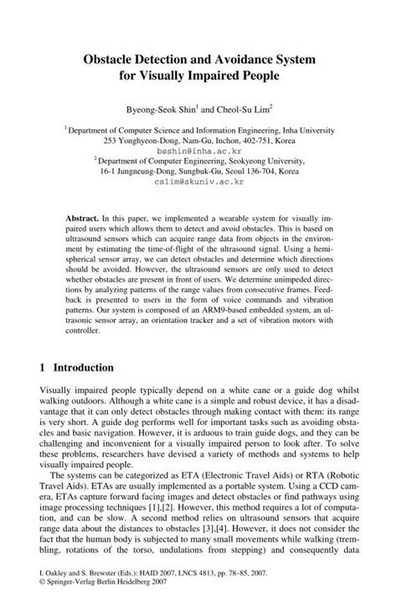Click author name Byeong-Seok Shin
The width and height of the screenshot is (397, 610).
[x=159, y=108]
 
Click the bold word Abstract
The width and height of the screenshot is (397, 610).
[x=86, y=216]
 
